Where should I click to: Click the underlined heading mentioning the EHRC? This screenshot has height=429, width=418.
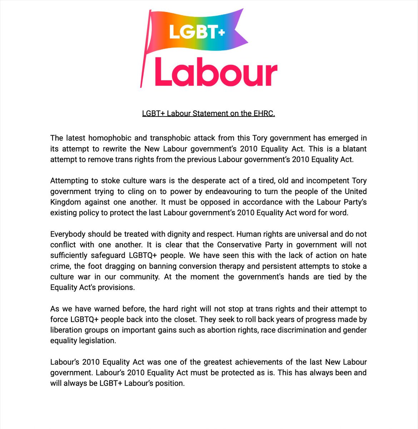[x=209, y=114]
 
